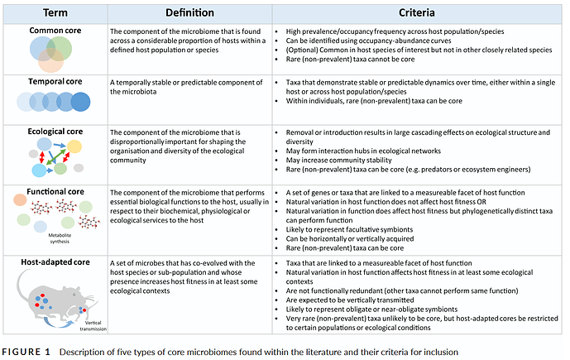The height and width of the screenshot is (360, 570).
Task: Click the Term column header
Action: (x=54, y=13)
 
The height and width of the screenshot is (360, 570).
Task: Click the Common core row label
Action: (x=54, y=31)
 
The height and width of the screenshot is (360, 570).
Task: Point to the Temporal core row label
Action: (x=55, y=84)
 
